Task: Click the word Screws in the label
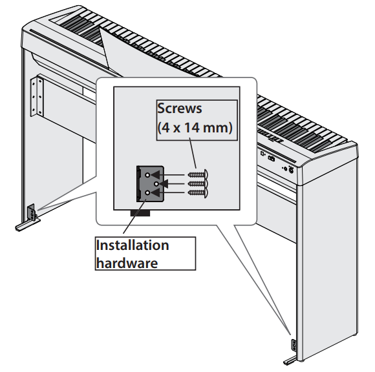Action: tap(180, 108)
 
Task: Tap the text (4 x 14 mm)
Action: tap(195, 127)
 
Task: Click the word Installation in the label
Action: tap(133, 245)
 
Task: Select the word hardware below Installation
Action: tap(127, 263)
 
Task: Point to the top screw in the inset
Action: tap(198, 174)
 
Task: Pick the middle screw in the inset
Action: tap(198, 183)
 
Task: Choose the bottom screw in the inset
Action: tap(198, 192)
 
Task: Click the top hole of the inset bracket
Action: tap(147, 175)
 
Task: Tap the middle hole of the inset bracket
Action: tap(156, 184)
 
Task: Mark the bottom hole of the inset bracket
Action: tap(147, 192)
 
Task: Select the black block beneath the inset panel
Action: tap(140, 213)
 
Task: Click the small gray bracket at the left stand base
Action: tap(31, 212)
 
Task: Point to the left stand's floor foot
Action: tap(27, 225)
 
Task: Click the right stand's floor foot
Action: tap(290, 360)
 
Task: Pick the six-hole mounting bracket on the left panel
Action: tap(37, 97)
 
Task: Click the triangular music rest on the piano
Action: tap(104, 48)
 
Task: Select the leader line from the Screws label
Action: tap(193, 153)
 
